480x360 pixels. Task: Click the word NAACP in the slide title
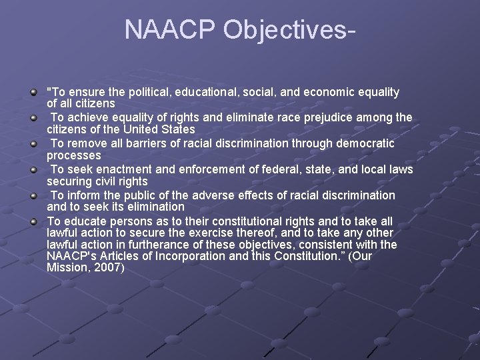pyautogui.click(x=169, y=30)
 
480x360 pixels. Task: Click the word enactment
pyautogui.click(x=120, y=170)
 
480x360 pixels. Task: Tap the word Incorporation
pyautogui.click(x=190, y=257)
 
